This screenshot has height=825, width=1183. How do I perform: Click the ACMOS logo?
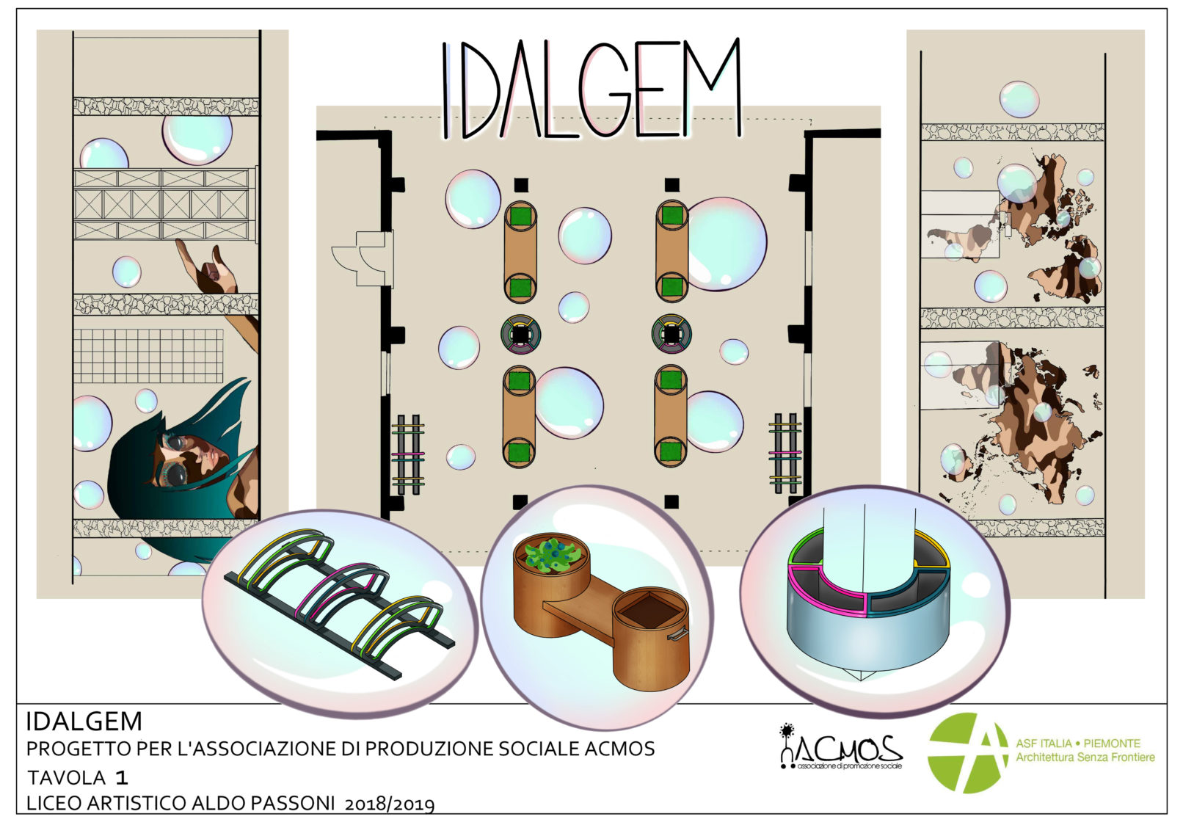[841, 747]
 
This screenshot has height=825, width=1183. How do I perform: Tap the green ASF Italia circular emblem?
[967, 752]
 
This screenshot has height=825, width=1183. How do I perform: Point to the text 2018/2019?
[389, 804]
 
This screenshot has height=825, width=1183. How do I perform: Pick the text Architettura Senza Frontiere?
[1085, 757]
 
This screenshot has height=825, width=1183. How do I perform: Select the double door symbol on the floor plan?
[364, 258]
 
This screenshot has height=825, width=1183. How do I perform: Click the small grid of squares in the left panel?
[148, 356]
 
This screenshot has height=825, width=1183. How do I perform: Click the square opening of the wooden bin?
[649, 611]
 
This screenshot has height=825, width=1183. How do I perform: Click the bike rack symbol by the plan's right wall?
[785, 453]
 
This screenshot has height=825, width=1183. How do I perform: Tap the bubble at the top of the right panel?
[1019, 99]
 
